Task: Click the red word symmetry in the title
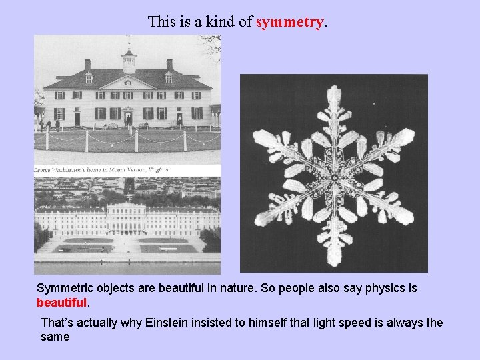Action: click(x=290, y=21)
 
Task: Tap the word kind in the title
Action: click(x=223, y=21)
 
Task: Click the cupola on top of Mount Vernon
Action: click(x=129, y=59)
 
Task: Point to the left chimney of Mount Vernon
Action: click(x=88, y=65)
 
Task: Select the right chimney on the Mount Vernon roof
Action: click(x=169, y=65)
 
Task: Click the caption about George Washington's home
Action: click(x=100, y=170)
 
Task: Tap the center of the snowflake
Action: click(x=333, y=177)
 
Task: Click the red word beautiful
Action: click(x=61, y=303)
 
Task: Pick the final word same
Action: click(x=55, y=337)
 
